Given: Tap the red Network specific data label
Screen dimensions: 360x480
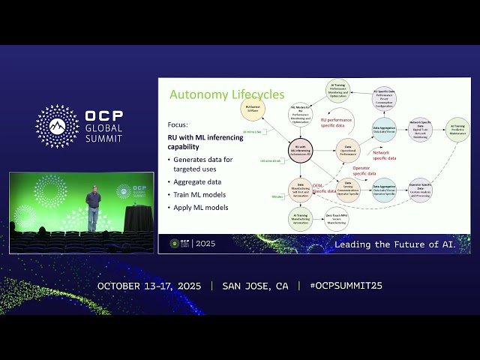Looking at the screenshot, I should coord(385,155).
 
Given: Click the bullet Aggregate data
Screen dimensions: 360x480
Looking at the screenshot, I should coord(197,182).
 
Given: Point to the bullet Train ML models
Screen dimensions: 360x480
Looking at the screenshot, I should coord(199,195).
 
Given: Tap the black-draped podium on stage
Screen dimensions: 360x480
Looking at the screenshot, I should coord(138,218).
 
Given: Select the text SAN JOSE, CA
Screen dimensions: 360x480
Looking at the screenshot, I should coord(255,286).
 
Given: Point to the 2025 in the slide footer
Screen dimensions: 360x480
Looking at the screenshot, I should coord(205,244).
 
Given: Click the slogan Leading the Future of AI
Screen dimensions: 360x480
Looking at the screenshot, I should coord(401,244).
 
